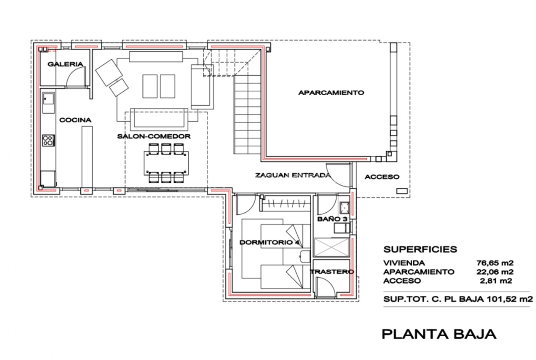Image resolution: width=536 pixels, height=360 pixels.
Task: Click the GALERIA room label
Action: pos(65,64)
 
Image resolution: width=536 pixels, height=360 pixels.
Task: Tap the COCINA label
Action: pos(75,120)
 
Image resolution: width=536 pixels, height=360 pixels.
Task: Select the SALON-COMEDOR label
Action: pos(154,137)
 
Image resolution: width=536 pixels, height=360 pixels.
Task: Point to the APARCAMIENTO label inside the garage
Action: pos(331,93)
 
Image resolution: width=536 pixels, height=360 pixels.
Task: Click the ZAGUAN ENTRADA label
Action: pos(293,175)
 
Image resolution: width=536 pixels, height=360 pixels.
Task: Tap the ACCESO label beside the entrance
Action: pos(382,177)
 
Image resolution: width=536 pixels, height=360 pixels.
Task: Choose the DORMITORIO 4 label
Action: pos(270,243)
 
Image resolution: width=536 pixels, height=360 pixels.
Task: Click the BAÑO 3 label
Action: pos(332,219)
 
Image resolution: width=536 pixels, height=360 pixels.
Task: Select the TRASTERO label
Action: pos(332,272)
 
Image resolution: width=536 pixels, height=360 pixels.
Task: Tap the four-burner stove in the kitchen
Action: pos(49,140)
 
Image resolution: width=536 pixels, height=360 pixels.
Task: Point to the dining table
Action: pos(166,163)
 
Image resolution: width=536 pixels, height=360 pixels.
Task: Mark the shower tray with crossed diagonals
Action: pos(332,248)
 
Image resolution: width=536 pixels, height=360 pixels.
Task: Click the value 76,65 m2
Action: pos(495,263)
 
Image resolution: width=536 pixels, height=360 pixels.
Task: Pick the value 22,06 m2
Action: pos(495,272)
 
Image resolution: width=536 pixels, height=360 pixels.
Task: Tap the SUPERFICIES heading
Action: pos(420,249)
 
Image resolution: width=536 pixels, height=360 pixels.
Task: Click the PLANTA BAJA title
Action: pos(439,334)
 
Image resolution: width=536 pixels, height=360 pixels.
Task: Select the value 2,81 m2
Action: pos(496,281)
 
